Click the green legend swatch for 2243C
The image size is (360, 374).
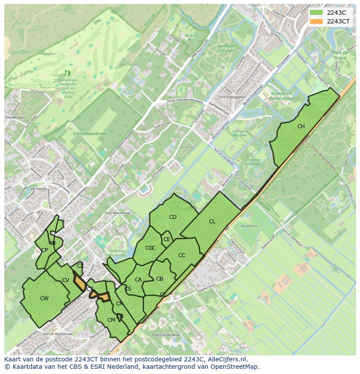tap(316, 13)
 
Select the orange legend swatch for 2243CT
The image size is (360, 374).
tap(316, 21)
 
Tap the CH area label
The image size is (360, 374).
tap(301, 126)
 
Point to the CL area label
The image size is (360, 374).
tap(212, 222)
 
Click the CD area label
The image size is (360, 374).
tap(173, 217)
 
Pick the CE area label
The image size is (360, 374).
tap(167, 239)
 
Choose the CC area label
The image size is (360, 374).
tap(182, 255)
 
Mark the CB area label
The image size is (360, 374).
tap(160, 279)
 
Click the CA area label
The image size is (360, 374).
tap(138, 280)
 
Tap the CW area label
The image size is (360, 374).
tap(44, 298)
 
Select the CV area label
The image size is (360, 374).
tap(66, 280)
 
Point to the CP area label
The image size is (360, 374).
tap(44, 250)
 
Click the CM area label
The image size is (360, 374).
tap(111, 320)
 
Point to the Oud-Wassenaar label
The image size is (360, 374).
tap(115, 213)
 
